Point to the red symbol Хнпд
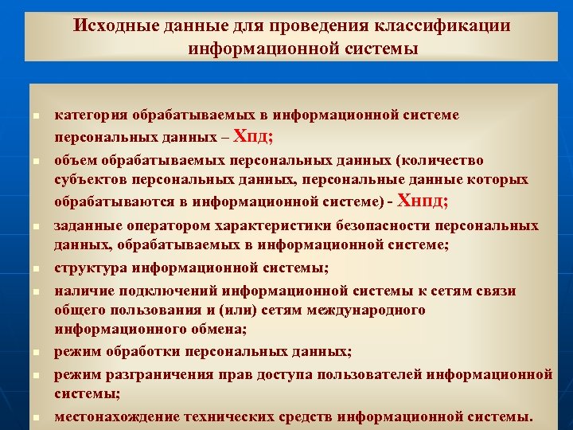[421, 200]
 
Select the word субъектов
[92, 180]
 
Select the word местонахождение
[115, 416]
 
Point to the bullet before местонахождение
[37, 417]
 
